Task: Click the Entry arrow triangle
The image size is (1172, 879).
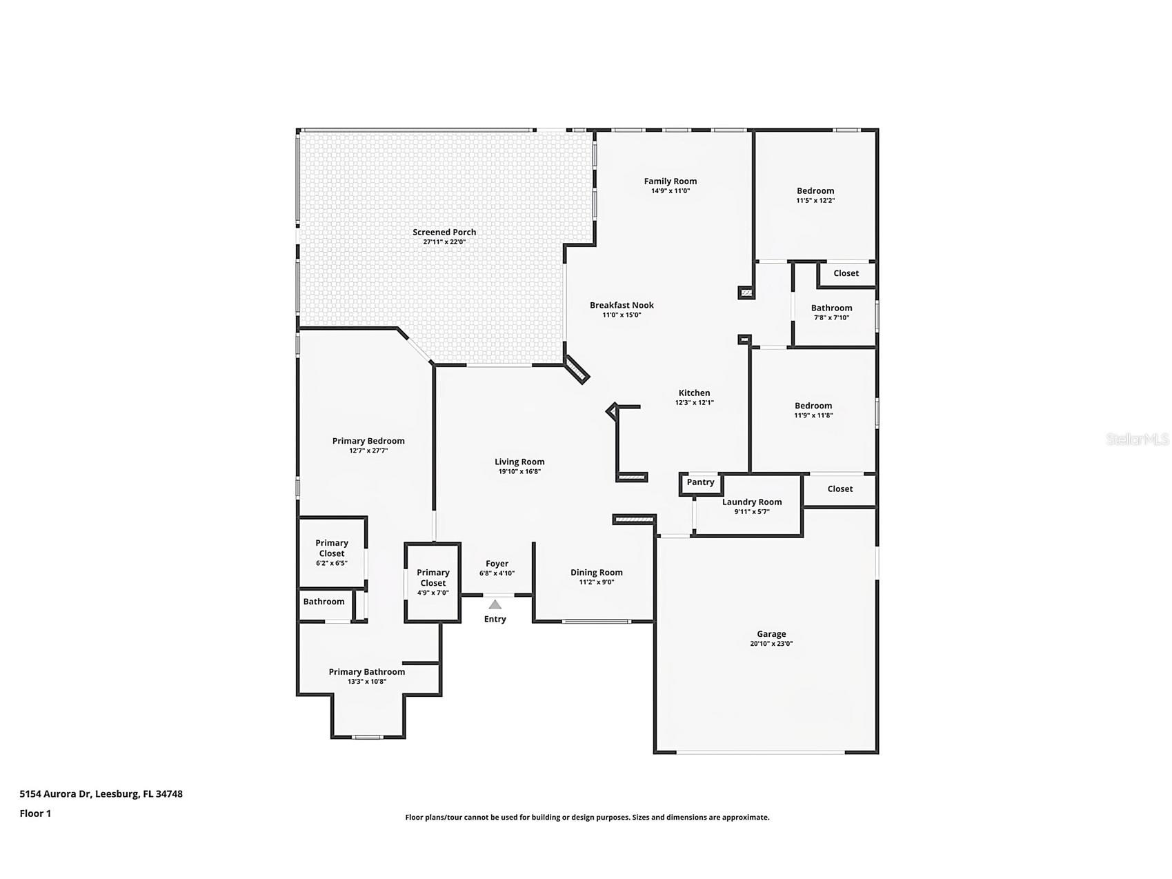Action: coord(495,605)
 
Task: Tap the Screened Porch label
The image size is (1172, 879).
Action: coord(444,233)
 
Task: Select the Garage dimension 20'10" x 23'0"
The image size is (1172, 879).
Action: coord(771,644)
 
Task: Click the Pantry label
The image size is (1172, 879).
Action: coord(700,482)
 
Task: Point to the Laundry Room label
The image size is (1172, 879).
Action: coord(752,502)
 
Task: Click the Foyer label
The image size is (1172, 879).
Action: coord(497,564)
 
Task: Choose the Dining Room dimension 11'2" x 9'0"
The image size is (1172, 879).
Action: coord(596,582)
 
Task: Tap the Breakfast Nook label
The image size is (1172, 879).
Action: coord(622,305)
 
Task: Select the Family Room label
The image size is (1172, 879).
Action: coord(670,181)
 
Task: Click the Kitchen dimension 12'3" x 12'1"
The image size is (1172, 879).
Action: coord(694,402)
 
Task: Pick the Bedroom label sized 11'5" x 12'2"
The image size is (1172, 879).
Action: coord(815,191)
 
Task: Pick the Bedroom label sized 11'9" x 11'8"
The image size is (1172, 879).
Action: coord(813,406)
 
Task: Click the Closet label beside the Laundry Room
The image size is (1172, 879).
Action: coord(840,488)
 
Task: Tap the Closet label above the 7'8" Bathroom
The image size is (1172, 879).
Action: coord(846,273)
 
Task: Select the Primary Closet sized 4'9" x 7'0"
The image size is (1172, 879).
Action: coord(433,577)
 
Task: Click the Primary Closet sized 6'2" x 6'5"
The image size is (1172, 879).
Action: coord(331,548)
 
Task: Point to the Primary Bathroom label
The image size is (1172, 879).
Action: coord(366,672)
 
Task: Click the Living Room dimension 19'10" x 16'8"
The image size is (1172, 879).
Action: coord(519,472)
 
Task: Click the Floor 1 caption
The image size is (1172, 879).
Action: coord(35,813)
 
